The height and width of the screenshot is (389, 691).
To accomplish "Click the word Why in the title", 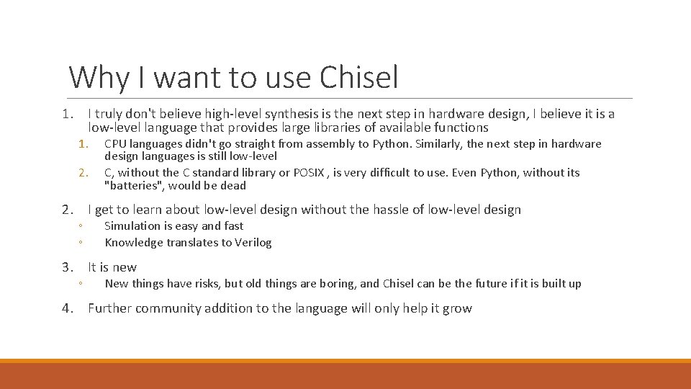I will [x=92, y=77].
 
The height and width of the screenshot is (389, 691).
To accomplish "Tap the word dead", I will [x=234, y=186].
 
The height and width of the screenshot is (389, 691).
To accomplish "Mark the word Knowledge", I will [x=134, y=243].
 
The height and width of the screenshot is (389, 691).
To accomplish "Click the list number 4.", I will [x=68, y=308].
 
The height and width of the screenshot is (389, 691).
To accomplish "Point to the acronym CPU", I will [x=116, y=143].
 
